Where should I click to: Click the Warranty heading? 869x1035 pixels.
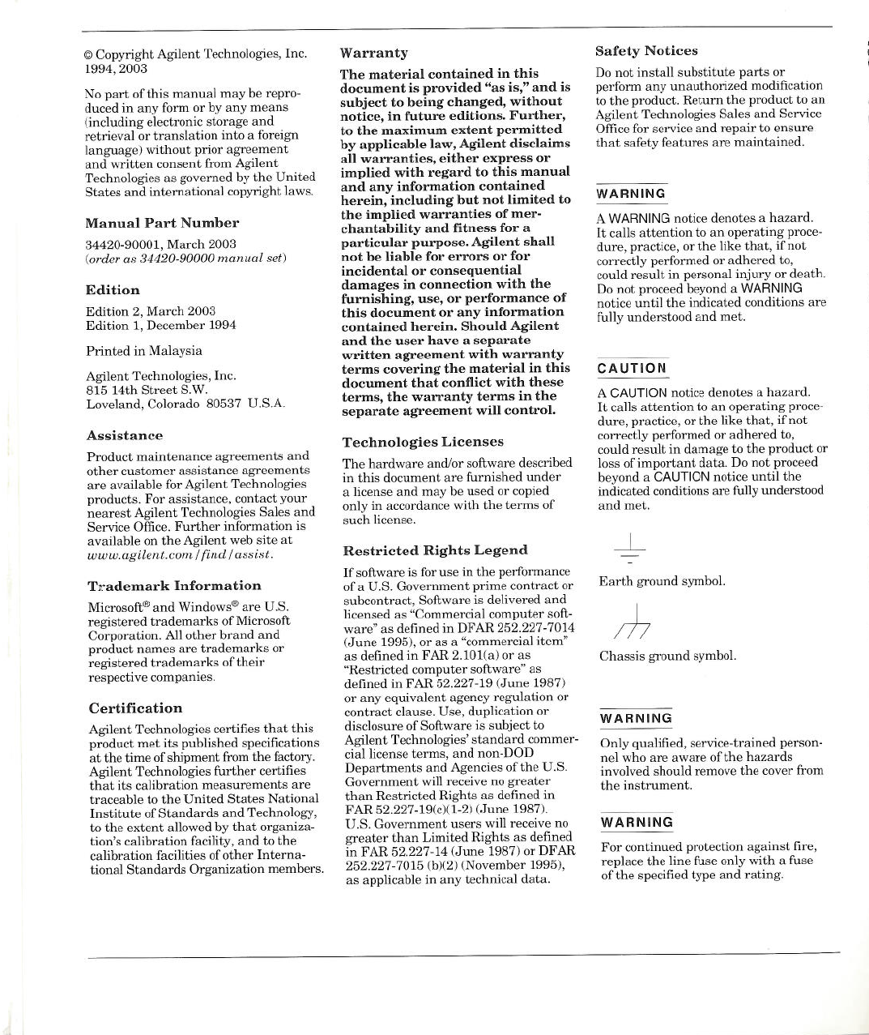(x=373, y=53)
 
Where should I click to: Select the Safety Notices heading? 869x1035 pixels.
(x=646, y=51)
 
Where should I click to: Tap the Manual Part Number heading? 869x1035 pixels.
(x=162, y=223)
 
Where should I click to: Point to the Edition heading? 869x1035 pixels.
(x=113, y=290)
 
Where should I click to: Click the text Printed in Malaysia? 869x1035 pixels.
(x=144, y=351)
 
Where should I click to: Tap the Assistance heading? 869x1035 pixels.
(x=125, y=436)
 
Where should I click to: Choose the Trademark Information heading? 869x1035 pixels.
(x=174, y=586)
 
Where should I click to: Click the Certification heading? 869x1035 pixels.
(x=135, y=708)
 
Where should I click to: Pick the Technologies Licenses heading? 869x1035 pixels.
(x=423, y=443)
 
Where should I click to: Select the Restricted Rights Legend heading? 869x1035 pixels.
(x=435, y=550)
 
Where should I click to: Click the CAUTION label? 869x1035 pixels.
(x=632, y=369)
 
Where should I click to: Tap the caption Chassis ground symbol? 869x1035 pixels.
(x=668, y=656)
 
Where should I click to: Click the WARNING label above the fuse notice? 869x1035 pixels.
(x=636, y=823)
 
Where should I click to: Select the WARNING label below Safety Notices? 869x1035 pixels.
(x=631, y=194)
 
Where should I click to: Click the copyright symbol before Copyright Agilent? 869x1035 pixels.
(x=89, y=55)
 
